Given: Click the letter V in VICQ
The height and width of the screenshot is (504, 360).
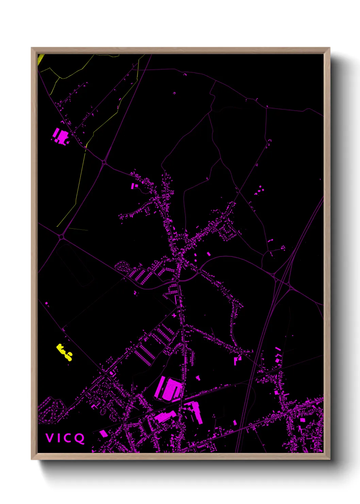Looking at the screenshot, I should click(x=49, y=438).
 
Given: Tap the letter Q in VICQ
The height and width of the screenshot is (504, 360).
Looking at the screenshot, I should click(x=79, y=438).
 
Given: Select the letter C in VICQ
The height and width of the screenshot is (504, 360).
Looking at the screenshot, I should click(x=68, y=438).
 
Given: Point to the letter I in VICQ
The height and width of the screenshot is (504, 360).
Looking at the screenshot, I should click(x=59, y=438).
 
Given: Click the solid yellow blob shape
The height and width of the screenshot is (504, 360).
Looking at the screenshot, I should click(x=64, y=352).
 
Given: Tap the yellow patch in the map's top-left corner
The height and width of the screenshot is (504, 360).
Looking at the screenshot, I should click(x=40, y=59).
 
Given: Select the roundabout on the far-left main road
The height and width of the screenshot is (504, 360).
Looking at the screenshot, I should click(x=62, y=237).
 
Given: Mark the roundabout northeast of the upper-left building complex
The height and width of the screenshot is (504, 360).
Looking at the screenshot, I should click(x=104, y=162).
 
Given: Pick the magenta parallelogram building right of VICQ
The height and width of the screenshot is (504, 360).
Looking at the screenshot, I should click(x=103, y=434).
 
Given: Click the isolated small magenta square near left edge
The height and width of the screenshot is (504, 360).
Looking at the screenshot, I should click(x=46, y=303).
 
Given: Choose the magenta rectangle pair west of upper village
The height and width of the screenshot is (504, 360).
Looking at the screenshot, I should click(x=134, y=186).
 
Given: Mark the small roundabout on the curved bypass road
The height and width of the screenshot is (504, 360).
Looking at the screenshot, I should click(x=199, y=271).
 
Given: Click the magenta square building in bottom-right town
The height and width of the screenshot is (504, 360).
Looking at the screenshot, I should click(x=302, y=420).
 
